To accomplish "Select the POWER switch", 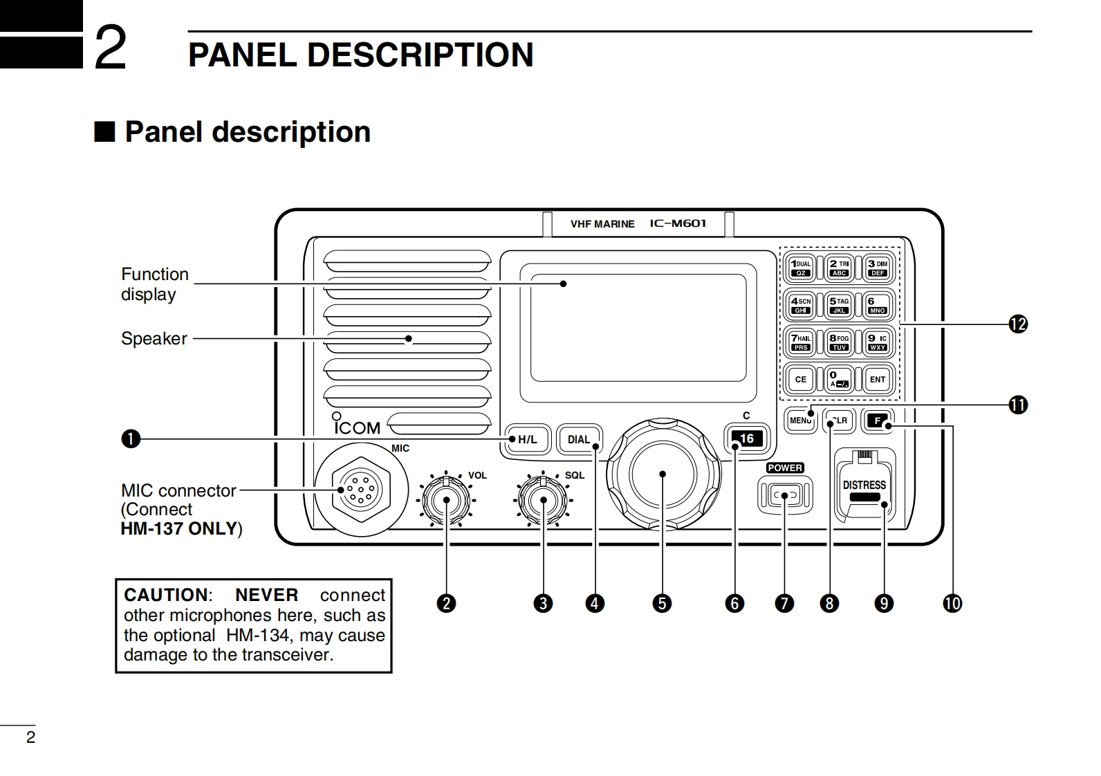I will click(x=785, y=495).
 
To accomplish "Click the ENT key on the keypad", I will click(x=878, y=379).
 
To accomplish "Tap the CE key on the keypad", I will click(x=801, y=379).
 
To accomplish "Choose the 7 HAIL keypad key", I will click(x=801, y=342).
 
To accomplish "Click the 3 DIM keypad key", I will click(x=878, y=267).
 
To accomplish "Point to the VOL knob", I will click(x=446, y=500).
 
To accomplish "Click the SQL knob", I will click(x=544, y=500).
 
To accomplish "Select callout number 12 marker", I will click(x=1017, y=324).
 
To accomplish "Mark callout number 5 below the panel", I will click(x=662, y=603).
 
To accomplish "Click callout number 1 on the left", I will click(x=131, y=439).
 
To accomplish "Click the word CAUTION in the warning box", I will click(x=165, y=595).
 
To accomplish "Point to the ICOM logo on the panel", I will click(x=357, y=427).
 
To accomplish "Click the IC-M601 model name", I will click(x=678, y=223).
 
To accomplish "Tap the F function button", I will click(x=878, y=421).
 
